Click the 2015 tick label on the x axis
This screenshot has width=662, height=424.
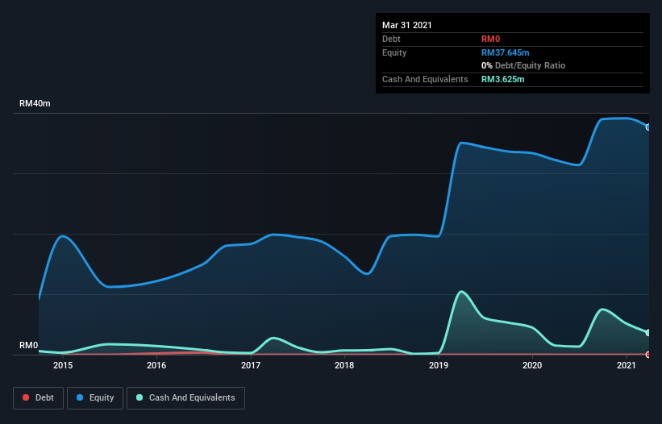click(63, 365)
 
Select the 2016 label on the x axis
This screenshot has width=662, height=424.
click(156, 365)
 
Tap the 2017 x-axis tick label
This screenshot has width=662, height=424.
click(251, 365)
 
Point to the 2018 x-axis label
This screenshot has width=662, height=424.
click(344, 365)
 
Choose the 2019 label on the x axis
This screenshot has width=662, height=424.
click(439, 365)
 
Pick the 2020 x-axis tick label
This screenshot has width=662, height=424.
click(532, 365)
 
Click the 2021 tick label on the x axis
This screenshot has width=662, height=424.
click(627, 365)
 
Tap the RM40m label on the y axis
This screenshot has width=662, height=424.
click(35, 104)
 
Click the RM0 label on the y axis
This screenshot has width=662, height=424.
click(29, 345)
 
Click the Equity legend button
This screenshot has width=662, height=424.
click(95, 397)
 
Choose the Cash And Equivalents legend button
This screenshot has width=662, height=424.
click(185, 397)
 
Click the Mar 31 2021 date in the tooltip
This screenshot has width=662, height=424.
click(407, 25)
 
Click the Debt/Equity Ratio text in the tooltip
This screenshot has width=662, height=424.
click(528, 65)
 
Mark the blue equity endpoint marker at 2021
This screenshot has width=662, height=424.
click(647, 127)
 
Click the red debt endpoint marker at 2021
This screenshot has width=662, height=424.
click(647, 354)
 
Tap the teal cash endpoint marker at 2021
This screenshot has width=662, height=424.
click(647, 332)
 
